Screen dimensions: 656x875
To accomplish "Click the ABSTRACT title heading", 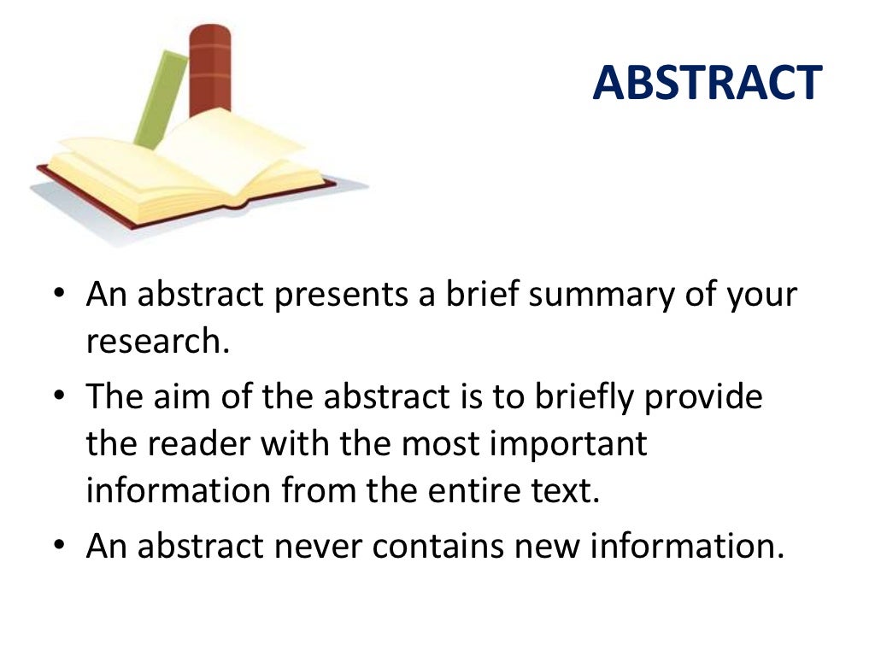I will tap(707, 83).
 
